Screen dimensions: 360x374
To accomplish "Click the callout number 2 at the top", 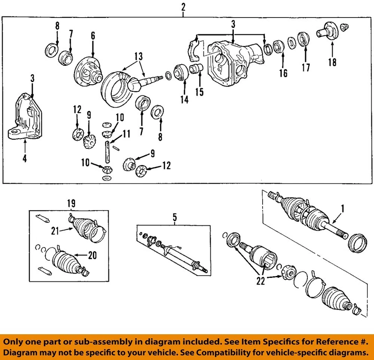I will click(x=183, y=7).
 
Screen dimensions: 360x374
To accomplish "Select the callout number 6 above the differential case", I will click(x=93, y=36).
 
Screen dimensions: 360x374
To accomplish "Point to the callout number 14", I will click(x=184, y=100).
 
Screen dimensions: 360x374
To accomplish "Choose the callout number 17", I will click(x=305, y=67).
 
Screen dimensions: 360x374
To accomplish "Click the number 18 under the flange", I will click(x=332, y=62).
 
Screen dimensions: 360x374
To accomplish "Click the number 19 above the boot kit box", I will click(x=71, y=203).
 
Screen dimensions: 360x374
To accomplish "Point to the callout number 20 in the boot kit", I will click(x=92, y=255).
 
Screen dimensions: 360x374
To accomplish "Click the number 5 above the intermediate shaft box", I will click(x=174, y=218).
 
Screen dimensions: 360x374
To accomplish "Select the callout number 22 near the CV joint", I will click(x=260, y=281).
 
